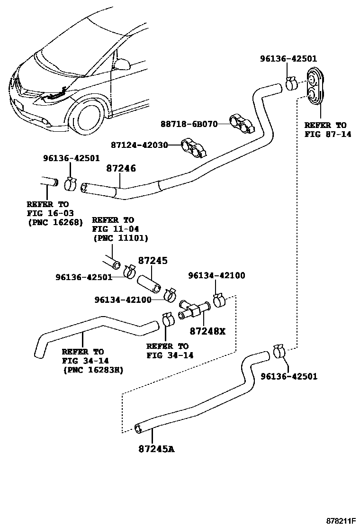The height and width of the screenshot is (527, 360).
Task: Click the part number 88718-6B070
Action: [x=188, y=124]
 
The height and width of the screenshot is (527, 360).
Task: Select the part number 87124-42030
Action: [x=140, y=145]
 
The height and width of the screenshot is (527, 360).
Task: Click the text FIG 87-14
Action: [x=325, y=134]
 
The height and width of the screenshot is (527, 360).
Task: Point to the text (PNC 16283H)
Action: [x=92, y=370]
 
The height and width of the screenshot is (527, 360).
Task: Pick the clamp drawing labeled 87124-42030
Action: [x=193, y=148]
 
